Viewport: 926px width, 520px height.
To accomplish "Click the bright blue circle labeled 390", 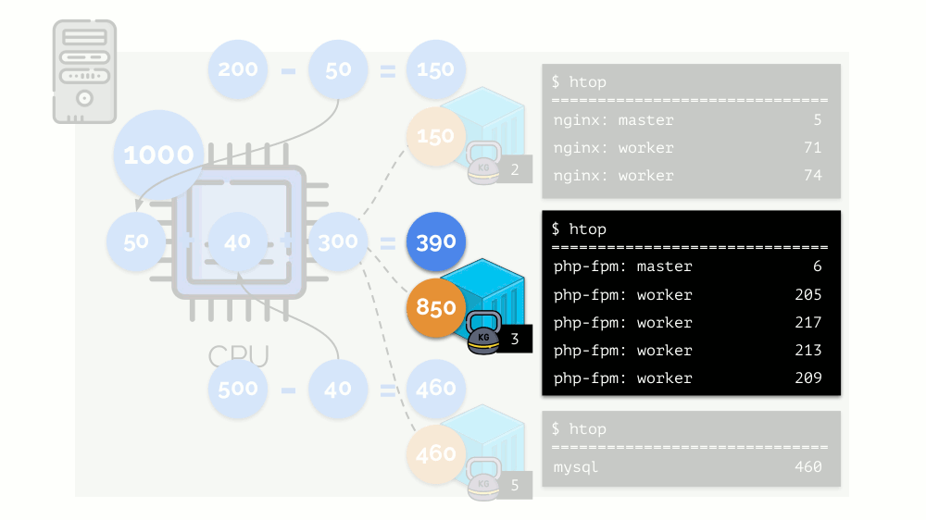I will point(436,242).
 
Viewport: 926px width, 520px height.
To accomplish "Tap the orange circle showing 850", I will point(436,308).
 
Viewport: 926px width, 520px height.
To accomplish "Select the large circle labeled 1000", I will point(158,155).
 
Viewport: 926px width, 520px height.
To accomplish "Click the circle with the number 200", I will point(238,69).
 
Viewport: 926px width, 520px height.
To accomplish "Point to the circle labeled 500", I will point(238,388).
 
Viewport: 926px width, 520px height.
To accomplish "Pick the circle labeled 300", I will point(338,242).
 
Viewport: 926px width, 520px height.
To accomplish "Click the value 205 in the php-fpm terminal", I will point(807,295).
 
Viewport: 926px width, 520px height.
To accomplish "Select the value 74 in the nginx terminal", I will point(812,176).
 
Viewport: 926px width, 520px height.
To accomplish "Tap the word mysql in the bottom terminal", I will point(576,467).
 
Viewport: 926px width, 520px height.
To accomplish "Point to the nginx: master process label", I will point(613,120).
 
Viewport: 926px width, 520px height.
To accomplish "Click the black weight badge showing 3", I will point(515,340).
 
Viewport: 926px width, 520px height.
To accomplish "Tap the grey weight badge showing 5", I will point(515,484).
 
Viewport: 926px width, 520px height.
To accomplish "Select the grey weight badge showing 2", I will point(515,169).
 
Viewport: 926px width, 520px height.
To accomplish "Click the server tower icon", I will point(84,71).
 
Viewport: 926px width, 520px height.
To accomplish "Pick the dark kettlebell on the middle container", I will point(483,334).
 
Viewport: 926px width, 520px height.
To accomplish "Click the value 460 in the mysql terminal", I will point(807,467).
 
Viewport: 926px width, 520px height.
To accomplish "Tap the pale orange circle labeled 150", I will point(436,136).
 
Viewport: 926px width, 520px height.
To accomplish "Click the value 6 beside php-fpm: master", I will point(817,267).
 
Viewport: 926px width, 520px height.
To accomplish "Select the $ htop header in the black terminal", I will point(579,229).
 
